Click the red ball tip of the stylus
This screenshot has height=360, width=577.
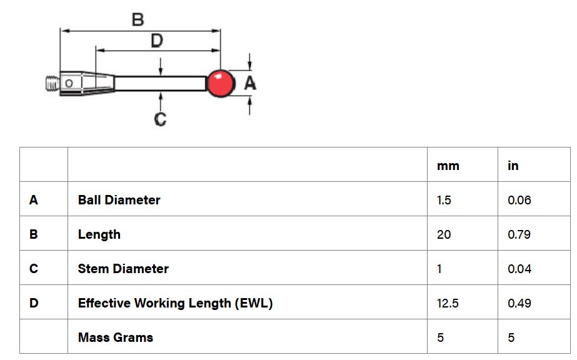(221, 83)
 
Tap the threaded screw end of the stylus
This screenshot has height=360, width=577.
(53, 84)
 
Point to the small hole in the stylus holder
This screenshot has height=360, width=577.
(69, 84)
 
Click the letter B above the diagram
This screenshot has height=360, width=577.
(138, 19)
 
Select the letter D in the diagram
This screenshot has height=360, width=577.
(157, 41)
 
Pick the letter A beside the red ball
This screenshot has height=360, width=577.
(250, 83)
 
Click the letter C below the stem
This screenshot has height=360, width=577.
(160, 119)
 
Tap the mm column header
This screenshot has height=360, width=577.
(448, 166)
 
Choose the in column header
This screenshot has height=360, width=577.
(513, 166)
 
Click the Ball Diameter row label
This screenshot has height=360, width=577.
(119, 199)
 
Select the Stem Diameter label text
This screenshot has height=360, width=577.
(123, 268)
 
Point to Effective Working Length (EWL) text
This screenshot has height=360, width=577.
(175, 303)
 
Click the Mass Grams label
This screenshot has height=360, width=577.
(116, 337)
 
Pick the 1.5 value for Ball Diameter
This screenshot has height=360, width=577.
(444, 200)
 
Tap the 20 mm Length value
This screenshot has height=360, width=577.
(444, 234)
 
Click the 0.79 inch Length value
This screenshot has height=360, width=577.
(519, 234)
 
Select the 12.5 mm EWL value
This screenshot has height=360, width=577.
(448, 303)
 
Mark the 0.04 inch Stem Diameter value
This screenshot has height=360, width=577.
(519, 269)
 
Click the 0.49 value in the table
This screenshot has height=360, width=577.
(519, 303)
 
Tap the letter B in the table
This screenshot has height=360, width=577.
(34, 234)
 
